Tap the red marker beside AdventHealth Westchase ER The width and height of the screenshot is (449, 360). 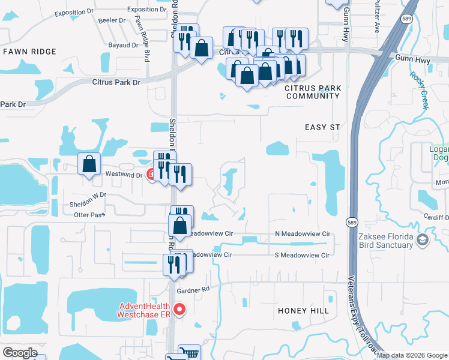coord(179,310)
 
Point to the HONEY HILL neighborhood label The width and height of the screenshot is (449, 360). coord(304,311)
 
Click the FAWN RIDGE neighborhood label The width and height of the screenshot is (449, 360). coord(29,52)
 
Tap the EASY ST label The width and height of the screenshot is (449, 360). coord(322,127)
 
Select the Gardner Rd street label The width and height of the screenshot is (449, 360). coord(193,290)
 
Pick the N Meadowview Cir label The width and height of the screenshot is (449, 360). coord(303,233)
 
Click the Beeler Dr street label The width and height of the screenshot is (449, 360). coord(112,20)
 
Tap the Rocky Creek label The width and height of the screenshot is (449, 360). coord(420,90)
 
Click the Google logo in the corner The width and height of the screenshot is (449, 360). coord(20,353)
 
